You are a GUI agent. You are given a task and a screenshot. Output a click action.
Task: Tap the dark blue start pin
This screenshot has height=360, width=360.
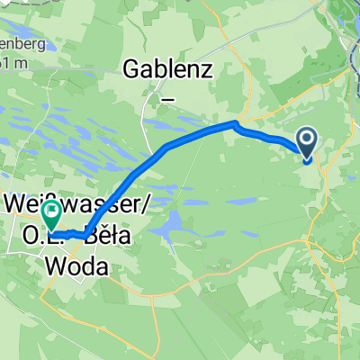pyautogui.click(x=307, y=145)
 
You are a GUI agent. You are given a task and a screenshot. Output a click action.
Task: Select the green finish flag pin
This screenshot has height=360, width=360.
pyautogui.click(x=51, y=215)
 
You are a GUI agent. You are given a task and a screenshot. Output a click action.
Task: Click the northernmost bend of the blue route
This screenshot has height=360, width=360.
pyautogui.click(x=235, y=123)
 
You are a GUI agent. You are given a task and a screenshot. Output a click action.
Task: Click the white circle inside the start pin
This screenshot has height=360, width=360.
pyautogui.click(x=307, y=139)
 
